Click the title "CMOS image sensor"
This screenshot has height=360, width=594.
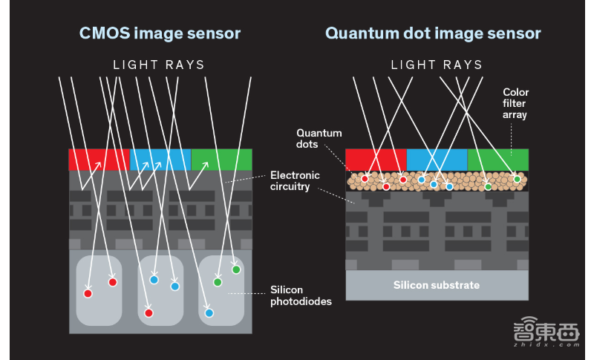(x=160, y=33)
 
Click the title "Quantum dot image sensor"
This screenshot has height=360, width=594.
(x=433, y=33)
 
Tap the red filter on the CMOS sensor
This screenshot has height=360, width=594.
(x=99, y=160)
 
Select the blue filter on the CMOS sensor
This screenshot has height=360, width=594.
(x=160, y=160)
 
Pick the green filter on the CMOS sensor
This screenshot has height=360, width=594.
(x=221, y=160)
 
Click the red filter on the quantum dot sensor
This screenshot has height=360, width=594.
(x=376, y=159)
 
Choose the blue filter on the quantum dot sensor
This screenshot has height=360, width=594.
(x=437, y=159)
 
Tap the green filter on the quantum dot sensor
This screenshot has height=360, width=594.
(x=497, y=159)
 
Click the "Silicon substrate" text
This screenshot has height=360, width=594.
(x=437, y=285)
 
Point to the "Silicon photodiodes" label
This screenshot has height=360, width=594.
(x=296, y=295)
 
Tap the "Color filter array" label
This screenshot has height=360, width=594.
(x=515, y=104)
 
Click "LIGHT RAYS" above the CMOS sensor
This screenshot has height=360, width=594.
(x=159, y=65)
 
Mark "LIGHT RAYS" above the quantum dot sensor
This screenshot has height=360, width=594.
(x=437, y=65)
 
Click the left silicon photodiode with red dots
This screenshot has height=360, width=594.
(x=98, y=290)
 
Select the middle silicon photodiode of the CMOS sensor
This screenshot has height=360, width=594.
(x=160, y=290)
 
